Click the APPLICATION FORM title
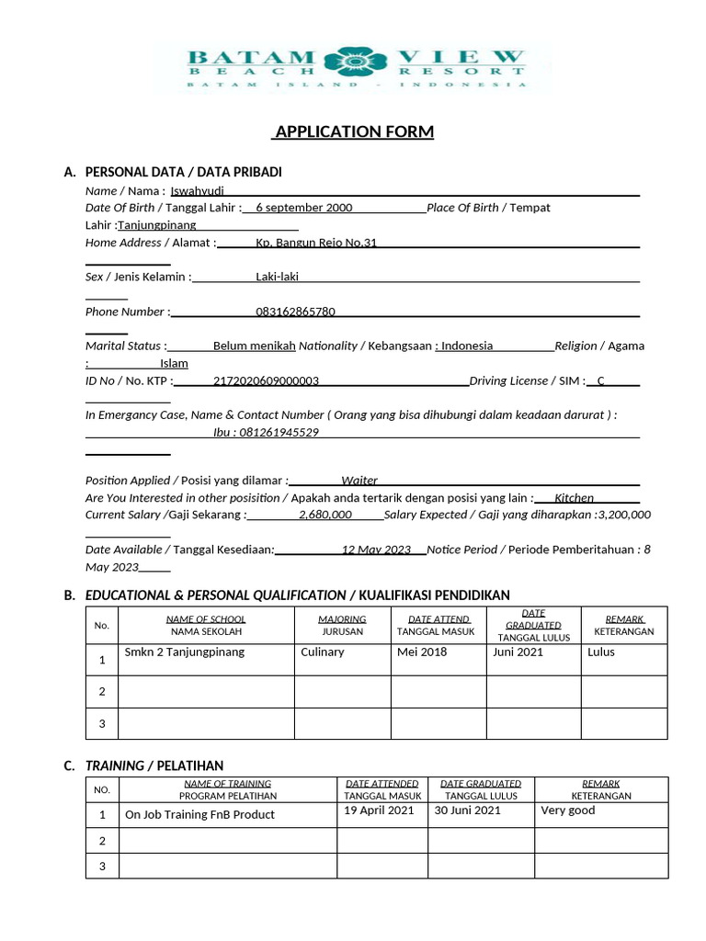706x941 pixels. (353, 132)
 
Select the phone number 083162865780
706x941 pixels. (295, 312)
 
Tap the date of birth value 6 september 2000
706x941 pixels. (303, 208)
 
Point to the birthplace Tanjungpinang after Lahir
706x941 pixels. (158, 225)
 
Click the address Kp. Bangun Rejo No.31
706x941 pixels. (316, 243)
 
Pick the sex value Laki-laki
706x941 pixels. (277, 277)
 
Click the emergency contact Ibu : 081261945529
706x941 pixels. (266, 432)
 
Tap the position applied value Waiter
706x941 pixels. (359, 480)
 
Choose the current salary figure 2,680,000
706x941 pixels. (325, 515)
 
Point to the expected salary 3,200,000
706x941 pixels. (623, 515)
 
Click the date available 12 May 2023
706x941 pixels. (376, 550)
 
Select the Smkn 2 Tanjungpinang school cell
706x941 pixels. (184, 652)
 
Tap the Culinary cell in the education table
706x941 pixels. (322, 652)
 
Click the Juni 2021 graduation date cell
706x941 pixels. (518, 652)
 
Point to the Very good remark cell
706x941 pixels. (567, 811)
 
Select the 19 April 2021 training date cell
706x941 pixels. (379, 811)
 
